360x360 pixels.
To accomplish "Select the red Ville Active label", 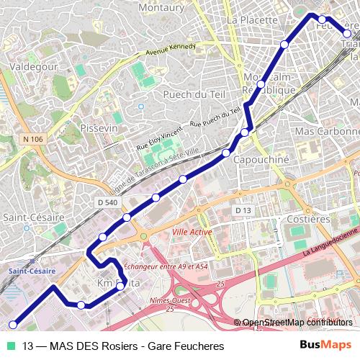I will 192,233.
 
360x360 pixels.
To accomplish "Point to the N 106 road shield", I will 32,139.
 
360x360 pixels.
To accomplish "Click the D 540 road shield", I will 107,203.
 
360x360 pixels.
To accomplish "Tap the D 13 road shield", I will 243,210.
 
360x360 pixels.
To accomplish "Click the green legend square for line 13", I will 9,346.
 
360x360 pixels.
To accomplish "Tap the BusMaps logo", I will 325,346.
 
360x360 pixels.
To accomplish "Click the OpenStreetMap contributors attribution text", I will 297,323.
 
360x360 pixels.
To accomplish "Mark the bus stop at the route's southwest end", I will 12,325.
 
